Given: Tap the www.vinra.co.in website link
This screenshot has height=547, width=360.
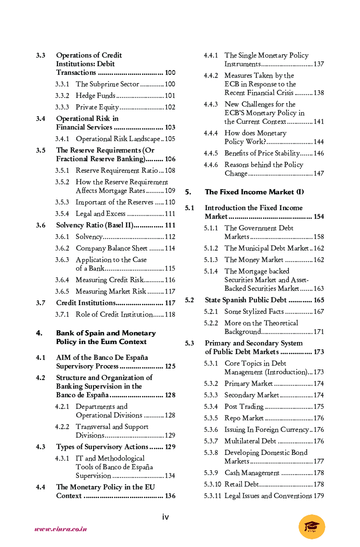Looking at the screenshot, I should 60,529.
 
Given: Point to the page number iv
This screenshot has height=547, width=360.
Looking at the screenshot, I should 166,517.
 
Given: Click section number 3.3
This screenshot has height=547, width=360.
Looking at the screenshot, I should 41,55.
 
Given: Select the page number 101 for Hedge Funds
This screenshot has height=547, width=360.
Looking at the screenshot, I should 170,95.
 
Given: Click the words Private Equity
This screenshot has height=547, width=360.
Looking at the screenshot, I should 97,107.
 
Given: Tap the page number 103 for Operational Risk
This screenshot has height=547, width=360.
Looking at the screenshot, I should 170,127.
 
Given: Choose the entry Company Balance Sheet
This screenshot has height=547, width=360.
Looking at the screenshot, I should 111,248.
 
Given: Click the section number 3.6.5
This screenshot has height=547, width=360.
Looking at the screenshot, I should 62,291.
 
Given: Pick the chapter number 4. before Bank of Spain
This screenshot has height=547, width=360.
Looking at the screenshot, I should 39,333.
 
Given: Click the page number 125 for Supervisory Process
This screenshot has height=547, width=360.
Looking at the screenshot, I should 170,366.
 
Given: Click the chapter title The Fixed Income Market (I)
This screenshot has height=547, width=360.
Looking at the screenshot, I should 254,192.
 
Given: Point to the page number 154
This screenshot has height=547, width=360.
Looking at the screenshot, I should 319,216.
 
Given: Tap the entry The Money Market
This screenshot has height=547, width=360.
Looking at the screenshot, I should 254,260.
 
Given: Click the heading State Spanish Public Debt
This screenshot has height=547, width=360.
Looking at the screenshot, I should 246,300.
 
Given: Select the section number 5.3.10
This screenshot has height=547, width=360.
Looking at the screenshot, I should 212,484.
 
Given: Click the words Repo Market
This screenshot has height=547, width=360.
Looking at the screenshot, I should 244,418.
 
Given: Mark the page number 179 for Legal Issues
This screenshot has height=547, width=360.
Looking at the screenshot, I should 319,496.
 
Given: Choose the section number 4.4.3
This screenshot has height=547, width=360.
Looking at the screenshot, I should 211,104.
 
